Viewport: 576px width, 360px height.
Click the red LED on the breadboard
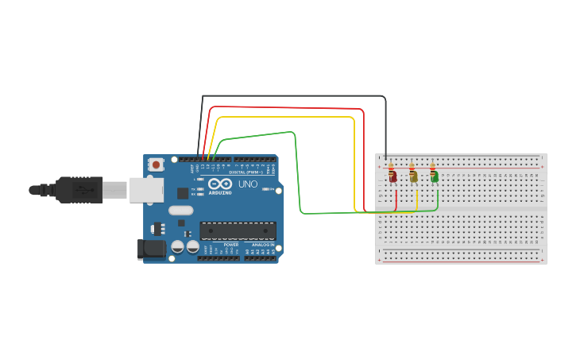pos(393,177)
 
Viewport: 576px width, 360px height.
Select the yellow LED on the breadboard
pos(414,177)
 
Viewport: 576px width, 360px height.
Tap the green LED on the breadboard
pos(435,177)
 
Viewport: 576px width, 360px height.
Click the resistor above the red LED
pos(392,168)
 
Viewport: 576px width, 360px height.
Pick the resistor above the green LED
pos(433,168)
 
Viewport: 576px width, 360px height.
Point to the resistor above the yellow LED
pos(412,168)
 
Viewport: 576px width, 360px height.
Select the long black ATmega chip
pos(238,230)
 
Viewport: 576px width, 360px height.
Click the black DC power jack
pos(152,249)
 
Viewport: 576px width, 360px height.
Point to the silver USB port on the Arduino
pos(147,190)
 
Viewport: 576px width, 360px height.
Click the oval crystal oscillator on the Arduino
pos(180,211)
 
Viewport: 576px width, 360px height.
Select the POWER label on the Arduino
pos(231,245)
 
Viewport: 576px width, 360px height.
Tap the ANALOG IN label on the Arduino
pos(263,245)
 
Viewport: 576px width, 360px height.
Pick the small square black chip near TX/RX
pos(183,193)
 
